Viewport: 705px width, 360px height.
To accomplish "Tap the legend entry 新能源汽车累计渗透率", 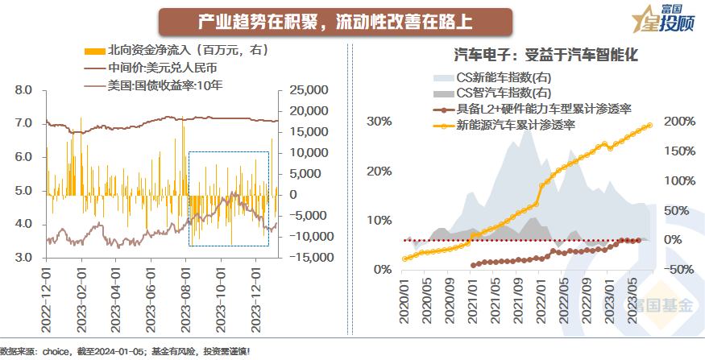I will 515,125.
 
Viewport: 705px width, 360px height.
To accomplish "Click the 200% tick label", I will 680,122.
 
